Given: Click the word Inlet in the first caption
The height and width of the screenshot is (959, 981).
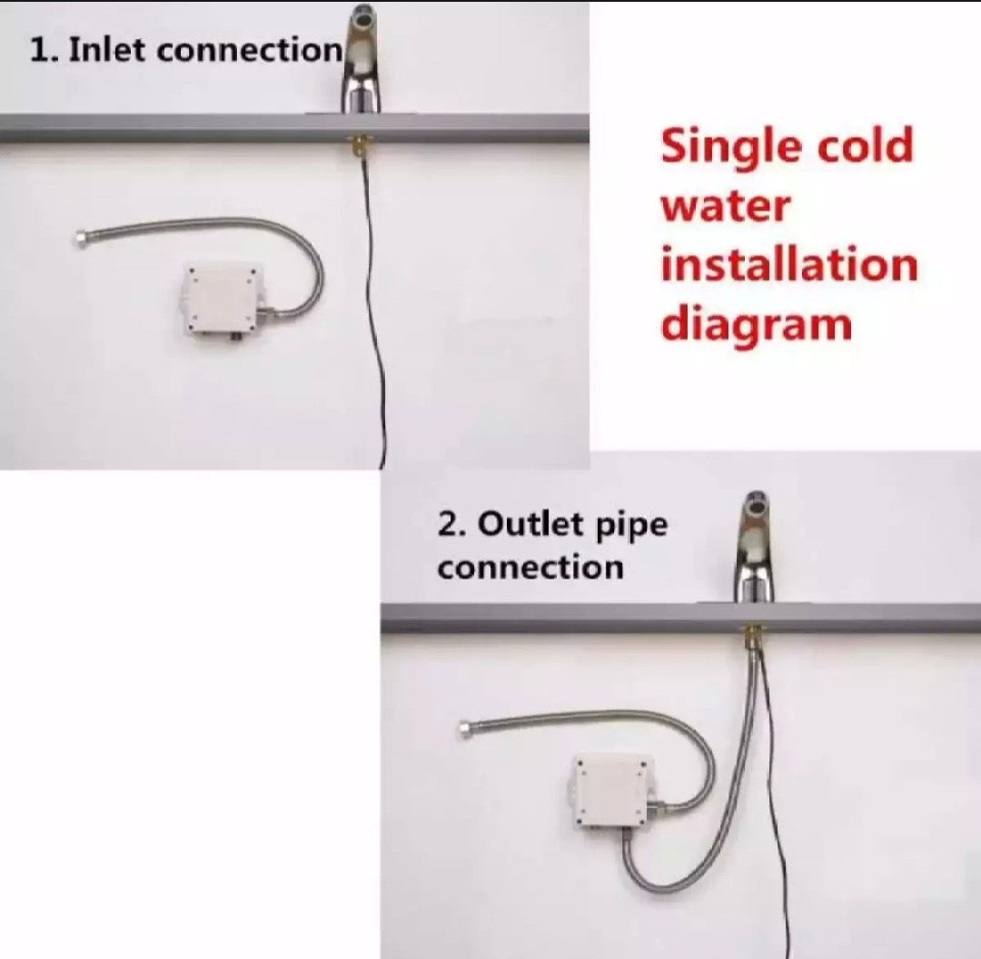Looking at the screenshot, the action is pyautogui.click(x=107, y=49).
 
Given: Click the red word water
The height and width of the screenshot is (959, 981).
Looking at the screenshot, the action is pyautogui.click(x=726, y=206).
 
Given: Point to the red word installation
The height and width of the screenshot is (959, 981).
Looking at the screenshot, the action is pyautogui.click(x=789, y=264).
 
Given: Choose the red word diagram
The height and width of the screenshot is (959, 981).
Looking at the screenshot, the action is pyautogui.click(x=757, y=325).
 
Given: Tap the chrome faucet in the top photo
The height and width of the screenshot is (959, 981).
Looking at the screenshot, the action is pyautogui.click(x=361, y=59).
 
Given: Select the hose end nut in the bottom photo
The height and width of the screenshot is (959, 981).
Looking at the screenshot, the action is pyautogui.click(x=465, y=727).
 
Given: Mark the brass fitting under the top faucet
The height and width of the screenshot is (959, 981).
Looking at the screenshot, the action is pyautogui.click(x=358, y=148).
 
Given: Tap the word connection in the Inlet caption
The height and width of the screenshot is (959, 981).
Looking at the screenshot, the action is pyautogui.click(x=248, y=50).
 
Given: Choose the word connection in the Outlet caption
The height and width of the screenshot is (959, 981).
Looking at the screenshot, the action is pyautogui.click(x=530, y=568).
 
